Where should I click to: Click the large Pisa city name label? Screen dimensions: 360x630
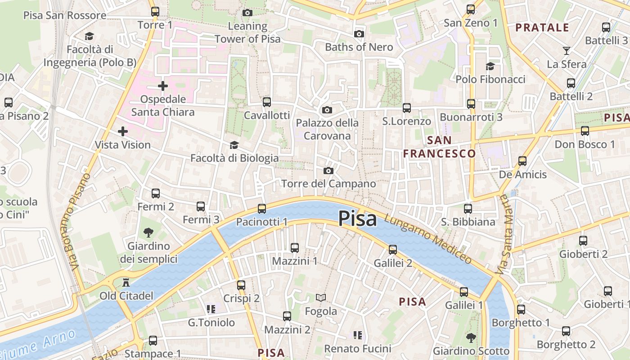click(x=357, y=219)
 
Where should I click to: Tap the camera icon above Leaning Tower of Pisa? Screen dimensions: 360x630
click(x=247, y=13)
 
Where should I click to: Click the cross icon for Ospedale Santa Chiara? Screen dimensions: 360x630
click(x=163, y=85)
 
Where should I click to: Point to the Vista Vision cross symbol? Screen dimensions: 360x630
click(x=122, y=131)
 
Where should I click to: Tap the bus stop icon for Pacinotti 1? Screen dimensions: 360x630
click(x=262, y=208)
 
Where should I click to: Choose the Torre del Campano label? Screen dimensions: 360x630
click(x=328, y=184)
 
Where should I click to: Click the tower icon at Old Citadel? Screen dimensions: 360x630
click(x=126, y=283)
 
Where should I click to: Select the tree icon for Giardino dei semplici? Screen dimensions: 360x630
click(x=148, y=233)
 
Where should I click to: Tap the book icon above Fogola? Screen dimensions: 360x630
click(x=320, y=297)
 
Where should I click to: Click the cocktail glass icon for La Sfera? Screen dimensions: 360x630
click(x=566, y=50)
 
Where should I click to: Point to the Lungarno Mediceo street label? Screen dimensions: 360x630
click(x=428, y=239)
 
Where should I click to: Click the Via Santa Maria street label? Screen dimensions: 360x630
click(x=504, y=235)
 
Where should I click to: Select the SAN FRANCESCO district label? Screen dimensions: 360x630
click(x=439, y=147)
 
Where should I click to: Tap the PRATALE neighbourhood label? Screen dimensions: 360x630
click(x=542, y=27)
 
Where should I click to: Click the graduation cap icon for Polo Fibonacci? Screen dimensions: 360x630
click(x=490, y=66)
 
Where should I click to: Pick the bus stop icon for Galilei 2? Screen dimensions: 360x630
click(x=393, y=249)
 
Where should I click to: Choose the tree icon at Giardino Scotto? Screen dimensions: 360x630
click(x=471, y=337)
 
